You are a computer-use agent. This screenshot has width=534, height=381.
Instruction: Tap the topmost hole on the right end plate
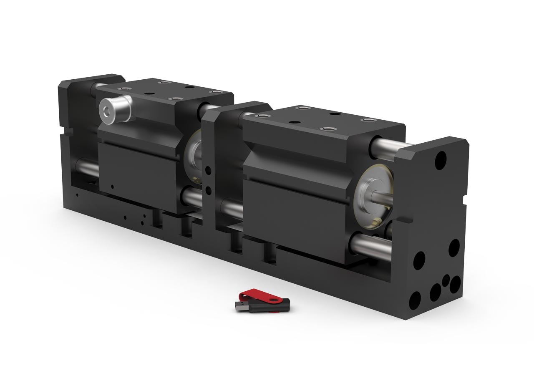(440, 160)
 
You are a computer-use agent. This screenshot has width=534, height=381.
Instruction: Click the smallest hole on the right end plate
(446, 279)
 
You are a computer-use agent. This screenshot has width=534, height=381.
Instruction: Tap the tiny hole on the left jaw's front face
(112, 186)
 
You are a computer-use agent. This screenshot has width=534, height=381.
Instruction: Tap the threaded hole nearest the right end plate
(368, 120)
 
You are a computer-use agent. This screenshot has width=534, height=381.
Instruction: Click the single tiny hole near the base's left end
(77, 194)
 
